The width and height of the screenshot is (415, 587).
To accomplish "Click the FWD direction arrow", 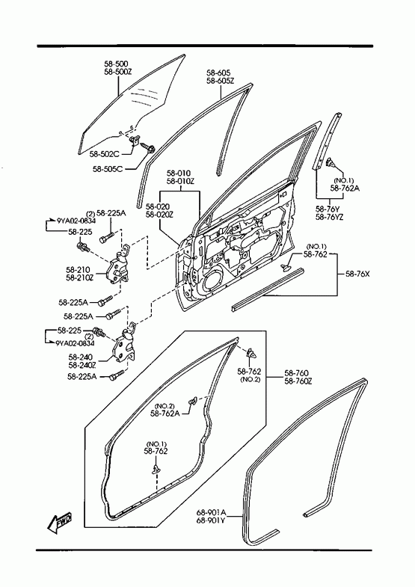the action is point(59,522).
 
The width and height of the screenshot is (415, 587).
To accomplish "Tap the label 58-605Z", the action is point(220,81).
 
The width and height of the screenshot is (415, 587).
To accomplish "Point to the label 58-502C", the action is point(104,154).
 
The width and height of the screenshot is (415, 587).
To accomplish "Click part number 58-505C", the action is point(108,169).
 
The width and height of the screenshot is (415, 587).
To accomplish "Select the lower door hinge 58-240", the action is point(124,344).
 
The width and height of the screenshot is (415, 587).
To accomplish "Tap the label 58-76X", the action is point(357,274).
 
